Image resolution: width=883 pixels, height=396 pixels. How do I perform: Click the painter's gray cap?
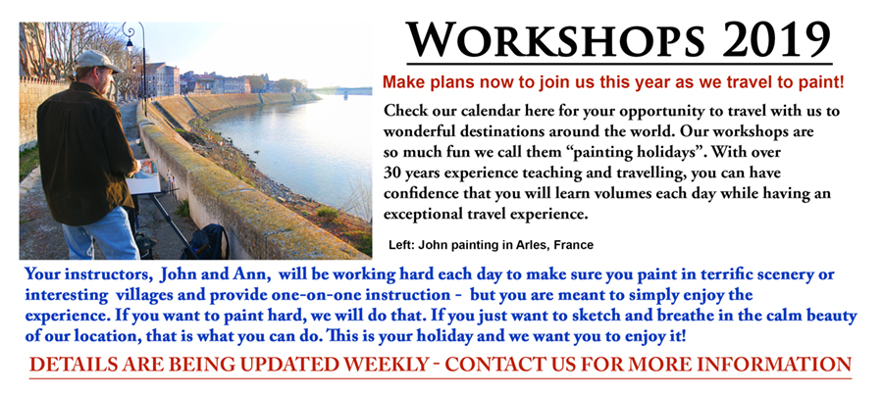point(97,61)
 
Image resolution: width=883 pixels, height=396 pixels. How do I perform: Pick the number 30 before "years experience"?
point(391,173)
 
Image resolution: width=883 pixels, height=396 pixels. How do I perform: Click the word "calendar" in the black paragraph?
point(489,112)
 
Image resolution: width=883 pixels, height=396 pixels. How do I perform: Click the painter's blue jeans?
point(101,233)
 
